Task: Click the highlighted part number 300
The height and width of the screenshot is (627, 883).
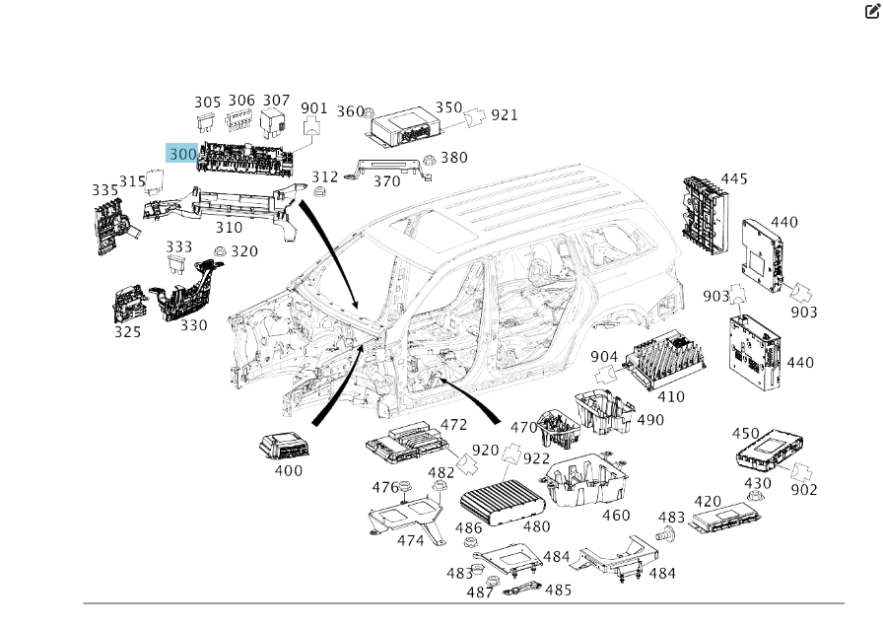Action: tap(182, 154)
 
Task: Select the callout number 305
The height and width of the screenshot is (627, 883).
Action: tap(207, 103)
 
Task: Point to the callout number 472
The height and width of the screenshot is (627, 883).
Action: tap(453, 425)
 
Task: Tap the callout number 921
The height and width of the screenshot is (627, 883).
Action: tap(504, 114)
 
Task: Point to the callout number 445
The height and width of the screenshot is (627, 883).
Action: tap(733, 178)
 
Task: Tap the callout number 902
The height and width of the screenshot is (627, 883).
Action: tap(804, 490)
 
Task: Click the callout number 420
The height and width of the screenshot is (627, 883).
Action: tap(708, 502)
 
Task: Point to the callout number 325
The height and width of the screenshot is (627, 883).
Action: tap(128, 332)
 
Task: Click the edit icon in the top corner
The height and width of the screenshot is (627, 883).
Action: tap(871, 12)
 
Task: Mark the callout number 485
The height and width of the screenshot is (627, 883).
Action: tap(558, 590)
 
